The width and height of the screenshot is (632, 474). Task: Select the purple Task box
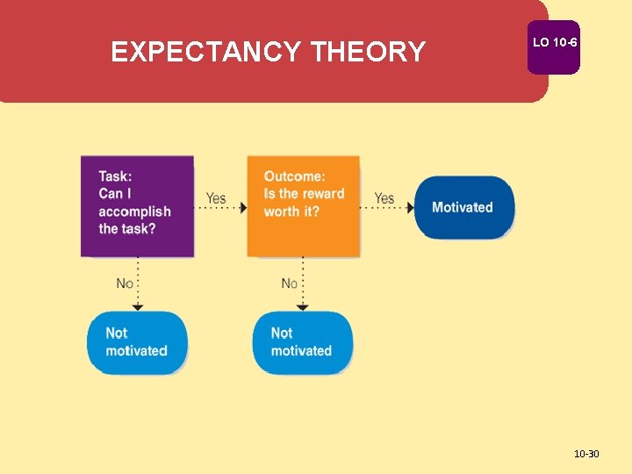137,207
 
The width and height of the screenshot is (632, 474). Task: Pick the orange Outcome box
303,207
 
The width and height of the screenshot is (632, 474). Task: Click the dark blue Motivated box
463,207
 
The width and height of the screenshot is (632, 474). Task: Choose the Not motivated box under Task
137,342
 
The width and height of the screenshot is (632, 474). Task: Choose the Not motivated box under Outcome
302,342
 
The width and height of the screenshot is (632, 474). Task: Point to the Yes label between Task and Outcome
216,198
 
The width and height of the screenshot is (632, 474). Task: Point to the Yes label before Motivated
384,198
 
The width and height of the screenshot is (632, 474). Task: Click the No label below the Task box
125,284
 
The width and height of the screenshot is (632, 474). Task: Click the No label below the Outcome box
290,284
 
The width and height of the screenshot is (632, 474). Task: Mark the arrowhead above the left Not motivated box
137,306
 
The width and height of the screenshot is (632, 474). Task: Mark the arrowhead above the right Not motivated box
303,306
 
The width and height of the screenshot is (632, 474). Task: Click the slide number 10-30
585,454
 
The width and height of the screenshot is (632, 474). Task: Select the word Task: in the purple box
115,176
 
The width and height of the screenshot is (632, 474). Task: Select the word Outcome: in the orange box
294,176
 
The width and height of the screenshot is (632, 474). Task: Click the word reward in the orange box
324,194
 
